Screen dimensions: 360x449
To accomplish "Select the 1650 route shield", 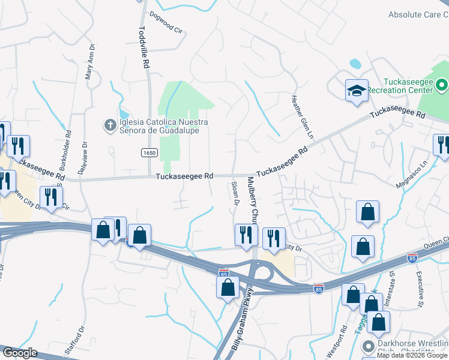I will tap(149, 153).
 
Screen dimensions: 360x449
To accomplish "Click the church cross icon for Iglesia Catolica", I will tap(110, 125).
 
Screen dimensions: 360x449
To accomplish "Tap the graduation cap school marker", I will tap(356, 91).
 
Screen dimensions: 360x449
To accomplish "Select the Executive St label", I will tap(420, 288).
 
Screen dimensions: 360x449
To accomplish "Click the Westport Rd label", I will tap(344, 339).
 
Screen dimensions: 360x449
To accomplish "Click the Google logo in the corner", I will tap(20, 353).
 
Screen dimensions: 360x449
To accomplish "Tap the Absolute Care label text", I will tap(418, 14).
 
